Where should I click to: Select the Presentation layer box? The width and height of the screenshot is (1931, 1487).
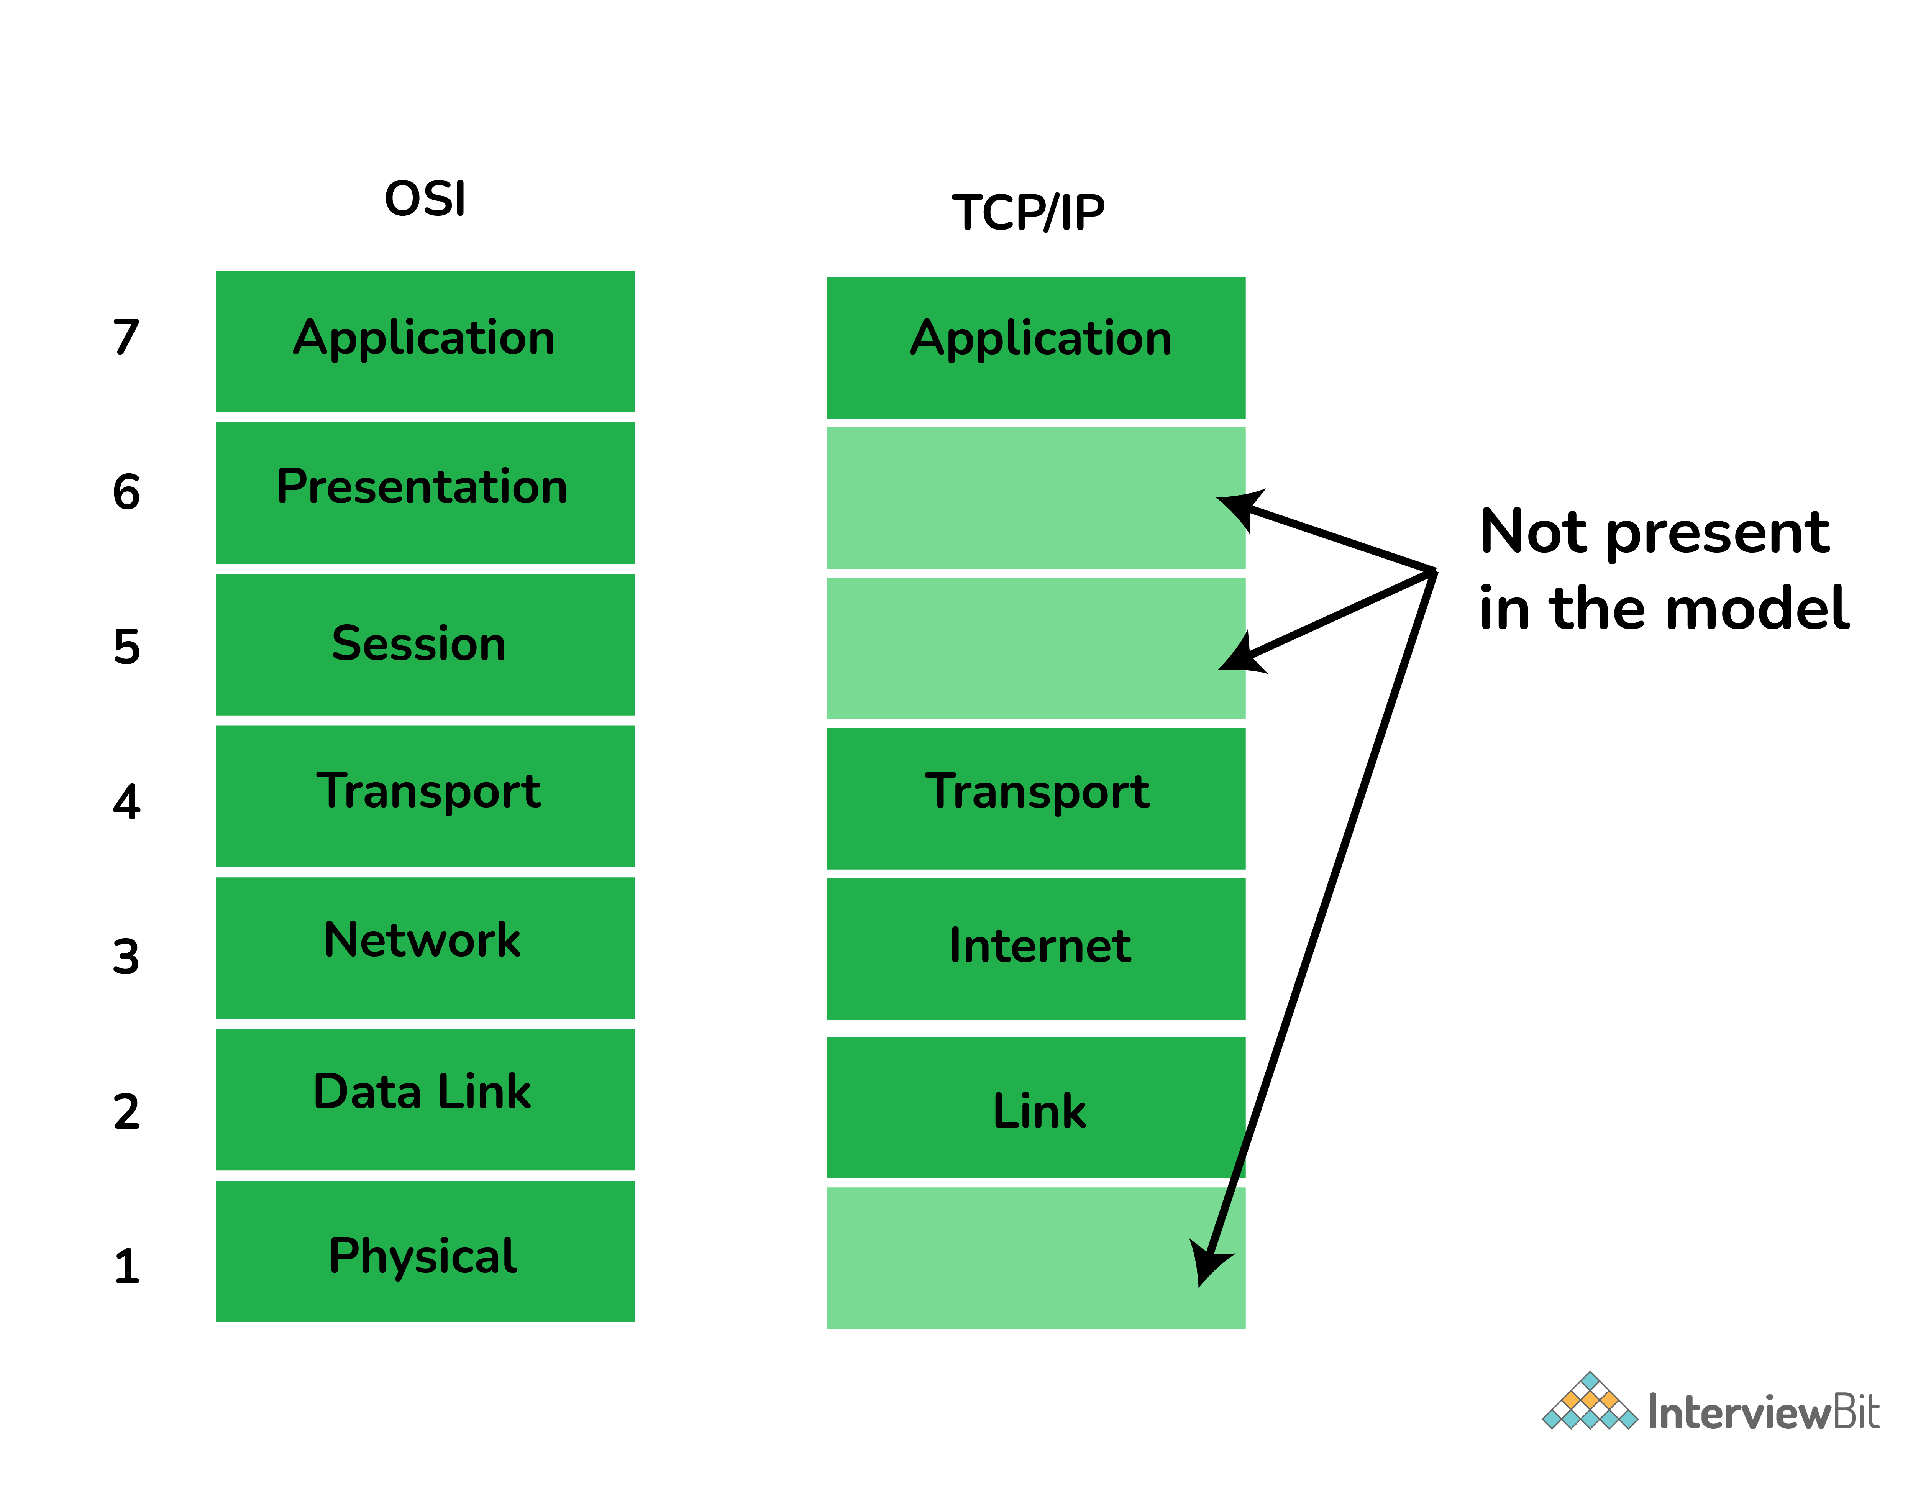pyautogui.click(x=424, y=492)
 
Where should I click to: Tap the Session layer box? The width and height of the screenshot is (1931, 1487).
pyautogui.click(x=424, y=645)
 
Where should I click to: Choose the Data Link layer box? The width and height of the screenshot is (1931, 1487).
pyautogui.click(x=424, y=1099)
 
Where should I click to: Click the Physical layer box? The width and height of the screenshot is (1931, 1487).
pyautogui.click(x=424, y=1251)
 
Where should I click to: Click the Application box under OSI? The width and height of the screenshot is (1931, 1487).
pyautogui.click(x=424, y=340)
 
